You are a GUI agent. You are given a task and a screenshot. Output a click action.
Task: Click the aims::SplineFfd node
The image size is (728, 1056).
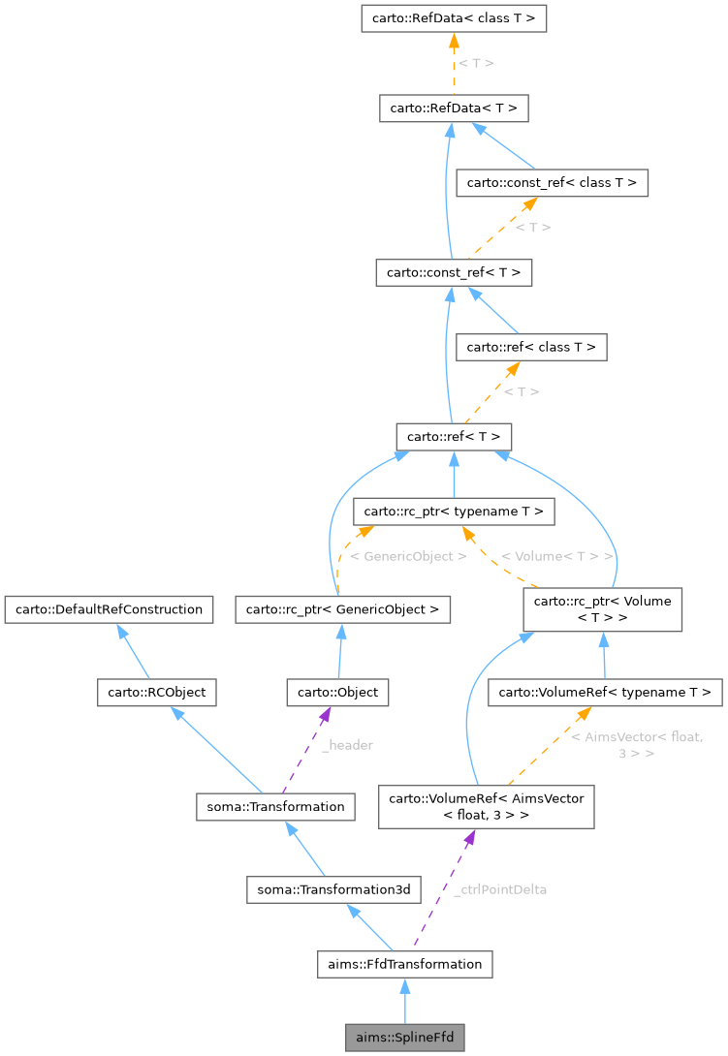(405, 1038)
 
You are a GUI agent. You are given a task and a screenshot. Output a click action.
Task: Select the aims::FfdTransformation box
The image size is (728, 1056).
(405, 964)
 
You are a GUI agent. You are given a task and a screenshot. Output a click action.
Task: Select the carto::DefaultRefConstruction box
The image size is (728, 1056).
(108, 609)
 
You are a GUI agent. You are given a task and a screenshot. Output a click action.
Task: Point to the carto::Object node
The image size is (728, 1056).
(337, 693)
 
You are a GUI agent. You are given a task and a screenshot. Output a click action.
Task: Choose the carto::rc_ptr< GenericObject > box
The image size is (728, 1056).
(343, 609)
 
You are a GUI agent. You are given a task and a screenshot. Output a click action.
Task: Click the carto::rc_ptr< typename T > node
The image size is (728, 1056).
(454, 511)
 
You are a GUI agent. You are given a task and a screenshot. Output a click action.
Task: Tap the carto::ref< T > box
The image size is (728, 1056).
(454, 436)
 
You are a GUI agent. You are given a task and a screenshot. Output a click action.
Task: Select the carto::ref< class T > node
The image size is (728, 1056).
(531, 347)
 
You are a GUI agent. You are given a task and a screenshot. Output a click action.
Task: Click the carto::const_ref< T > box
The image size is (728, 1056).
(454, 273)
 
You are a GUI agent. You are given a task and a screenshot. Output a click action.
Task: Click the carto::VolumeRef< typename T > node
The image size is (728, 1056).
(605, 692)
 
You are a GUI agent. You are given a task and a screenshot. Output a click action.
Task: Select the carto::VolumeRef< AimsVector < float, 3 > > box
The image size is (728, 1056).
(486, 807)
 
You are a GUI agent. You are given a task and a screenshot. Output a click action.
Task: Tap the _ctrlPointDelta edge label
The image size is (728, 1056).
(500, 889)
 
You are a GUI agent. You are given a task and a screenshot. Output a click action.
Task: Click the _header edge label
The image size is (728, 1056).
(347, 745)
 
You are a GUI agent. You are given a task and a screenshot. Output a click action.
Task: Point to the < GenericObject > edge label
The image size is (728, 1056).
(408, 557)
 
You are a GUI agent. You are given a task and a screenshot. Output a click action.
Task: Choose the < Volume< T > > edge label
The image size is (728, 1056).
(557, 557)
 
